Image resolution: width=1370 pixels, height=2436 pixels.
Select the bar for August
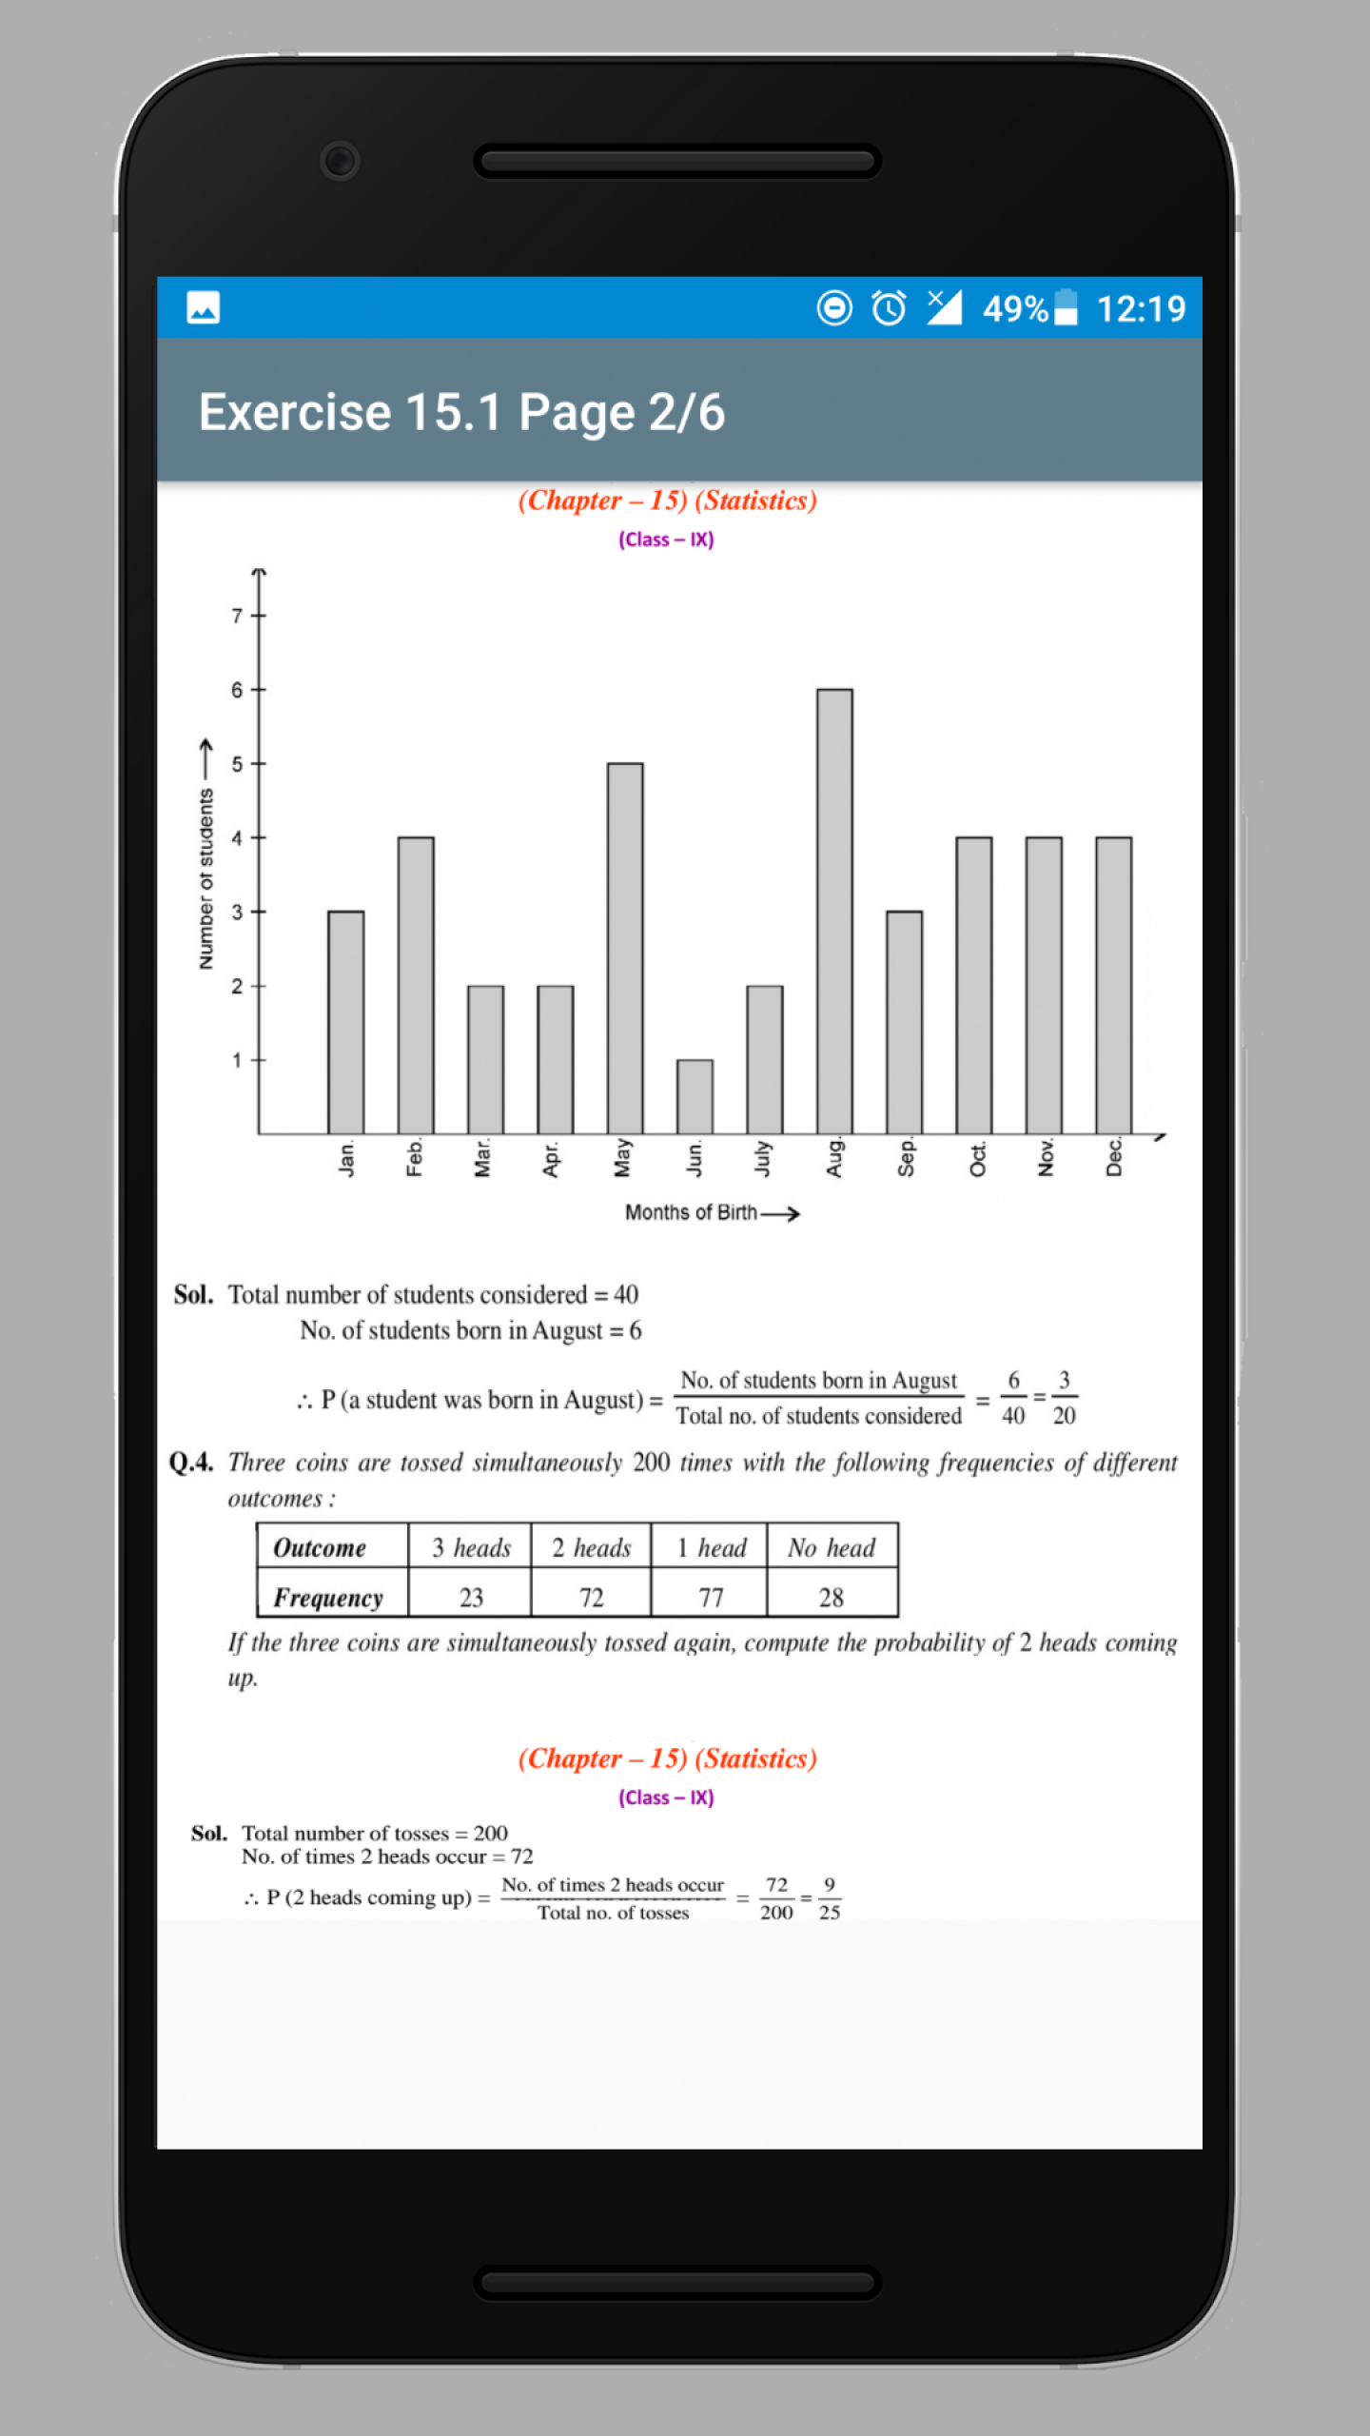coord(834,911)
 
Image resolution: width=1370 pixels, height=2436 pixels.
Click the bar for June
coord(695,1096)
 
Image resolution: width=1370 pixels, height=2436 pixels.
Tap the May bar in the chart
coord(625,948)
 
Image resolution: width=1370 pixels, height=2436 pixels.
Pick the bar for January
coord(345,1022)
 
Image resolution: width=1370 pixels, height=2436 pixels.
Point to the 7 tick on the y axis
coord(237,616)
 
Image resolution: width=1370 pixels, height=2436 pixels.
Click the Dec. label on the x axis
coord(1114,1157)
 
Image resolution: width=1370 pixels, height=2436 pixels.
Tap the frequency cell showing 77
coord(711,1597)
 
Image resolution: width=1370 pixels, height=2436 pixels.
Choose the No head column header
coord(831,1548)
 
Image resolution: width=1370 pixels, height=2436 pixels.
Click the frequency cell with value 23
coord(471,1597)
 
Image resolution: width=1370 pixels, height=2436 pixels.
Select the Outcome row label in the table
coord(320,1548)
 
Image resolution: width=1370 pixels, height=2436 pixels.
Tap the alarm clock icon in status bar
coord(889,308)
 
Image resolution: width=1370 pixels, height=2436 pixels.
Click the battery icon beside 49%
coord(1066,308)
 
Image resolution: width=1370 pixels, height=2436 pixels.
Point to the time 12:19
coord(1141,308)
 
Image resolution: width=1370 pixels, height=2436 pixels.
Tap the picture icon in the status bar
coord(203,308)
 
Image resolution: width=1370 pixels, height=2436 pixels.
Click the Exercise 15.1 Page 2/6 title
coord(461,412)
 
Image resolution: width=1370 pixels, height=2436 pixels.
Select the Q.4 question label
coord(191,1463)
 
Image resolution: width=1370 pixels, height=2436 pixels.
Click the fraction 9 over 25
coord(830,1898)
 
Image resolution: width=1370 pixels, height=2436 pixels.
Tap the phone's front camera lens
coord(340,160)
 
